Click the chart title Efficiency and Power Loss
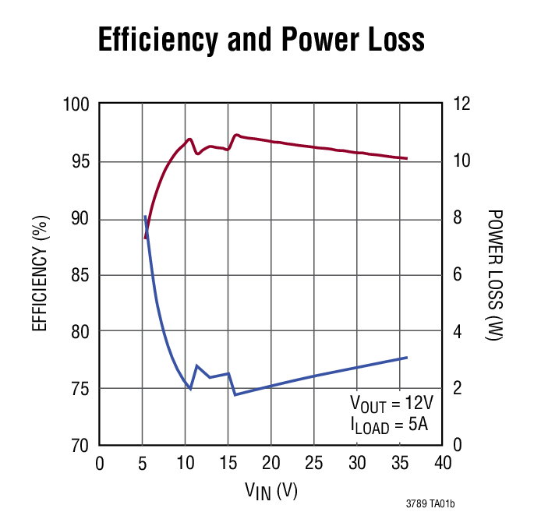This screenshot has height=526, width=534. (x=261, y=40)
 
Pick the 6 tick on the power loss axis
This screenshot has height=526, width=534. (x=458, y=275)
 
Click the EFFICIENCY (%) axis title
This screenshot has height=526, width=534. (x=41, y=275)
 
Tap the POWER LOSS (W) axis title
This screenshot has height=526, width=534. (x=493, y=275)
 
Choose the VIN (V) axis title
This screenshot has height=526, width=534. (x=271, y=491)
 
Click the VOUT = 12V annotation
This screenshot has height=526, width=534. (x=391, y=404)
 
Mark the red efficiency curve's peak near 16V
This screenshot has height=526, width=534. (x=236, y=135)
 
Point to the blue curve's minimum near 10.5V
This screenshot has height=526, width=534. (x=190, y=388)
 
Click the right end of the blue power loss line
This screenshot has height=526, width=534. (x=407, y=358)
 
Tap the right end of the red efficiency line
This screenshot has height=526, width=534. (x=407, y=158)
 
